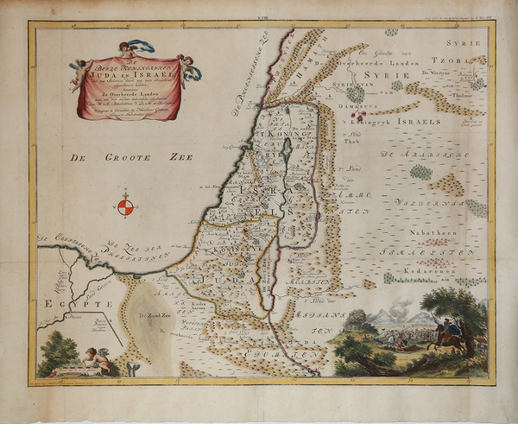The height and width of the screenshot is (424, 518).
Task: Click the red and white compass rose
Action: click(126, 206)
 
